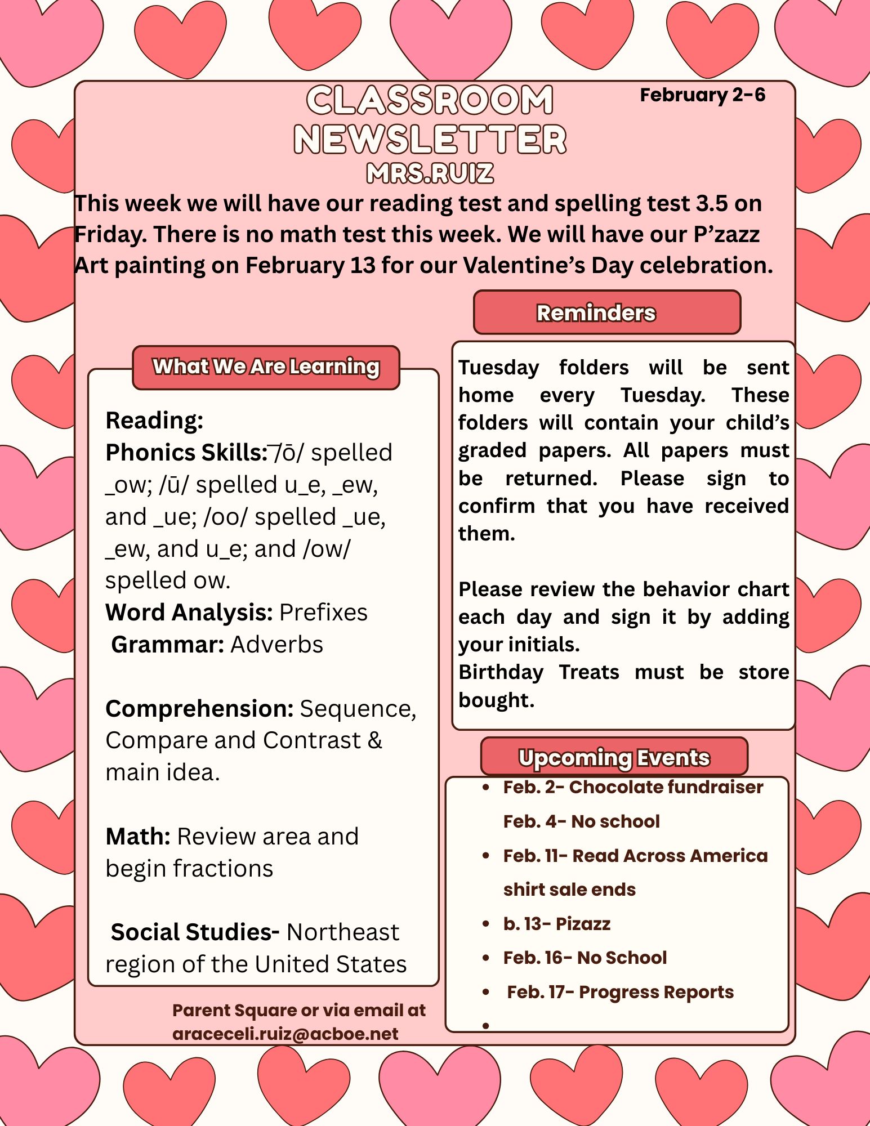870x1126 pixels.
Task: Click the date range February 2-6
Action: pos(702,95)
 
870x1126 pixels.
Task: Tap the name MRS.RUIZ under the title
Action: pos(430,173)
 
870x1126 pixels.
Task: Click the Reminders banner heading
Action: pos(596,313)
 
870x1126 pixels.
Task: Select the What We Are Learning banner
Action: pos(266,367)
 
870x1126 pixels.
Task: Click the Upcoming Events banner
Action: pos(614,757)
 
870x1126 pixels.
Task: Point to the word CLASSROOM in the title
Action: pos(430,100)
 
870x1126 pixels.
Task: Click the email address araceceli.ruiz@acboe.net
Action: pos(285,1034)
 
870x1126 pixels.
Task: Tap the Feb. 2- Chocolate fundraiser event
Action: pos(633,787)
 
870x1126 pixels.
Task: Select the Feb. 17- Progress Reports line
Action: pos(620,992)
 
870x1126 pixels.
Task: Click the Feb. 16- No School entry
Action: pos(585,958)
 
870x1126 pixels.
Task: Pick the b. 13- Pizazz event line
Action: pos(556,924)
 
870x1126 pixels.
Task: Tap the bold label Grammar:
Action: pos(168,645)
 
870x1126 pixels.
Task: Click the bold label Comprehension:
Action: pos(199,709)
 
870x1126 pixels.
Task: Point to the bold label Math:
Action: pos(138,837)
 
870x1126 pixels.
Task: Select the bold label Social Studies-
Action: pos(195,932)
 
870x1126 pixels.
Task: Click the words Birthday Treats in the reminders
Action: pos(539,672)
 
